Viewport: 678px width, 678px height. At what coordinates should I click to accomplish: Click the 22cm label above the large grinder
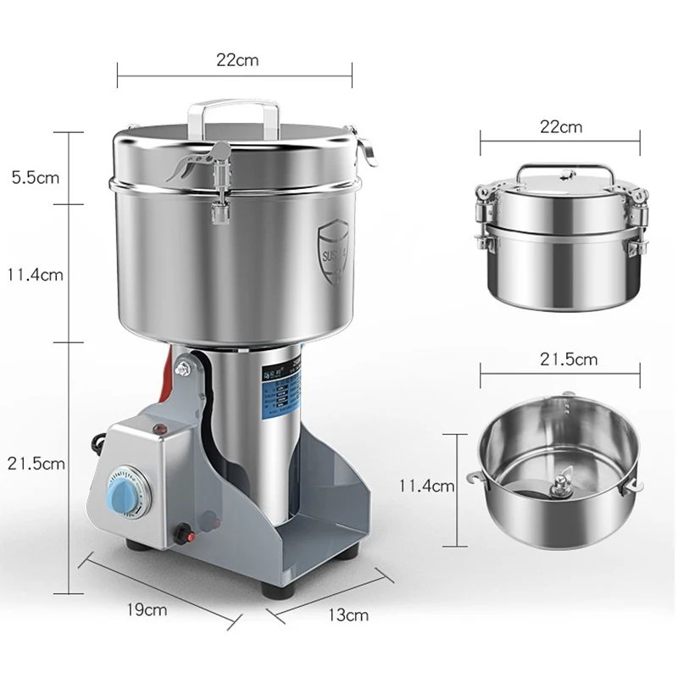pyautogui.click(x=237, y=60)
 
